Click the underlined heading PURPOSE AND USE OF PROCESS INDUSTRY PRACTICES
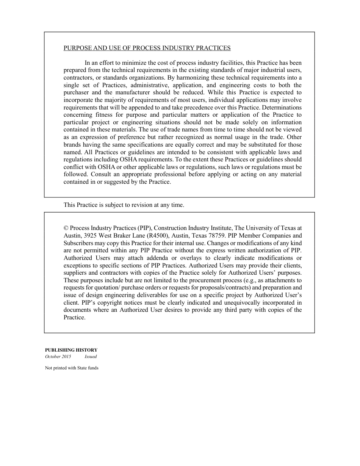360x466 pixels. (147, 48)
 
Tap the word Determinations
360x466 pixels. (281, 107)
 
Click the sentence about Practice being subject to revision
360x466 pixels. (124, 205)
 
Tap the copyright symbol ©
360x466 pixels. (66, 228)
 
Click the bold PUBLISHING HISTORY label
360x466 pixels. (71, 350)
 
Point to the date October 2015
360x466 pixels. (58, 357)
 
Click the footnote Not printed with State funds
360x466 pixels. (72, 368)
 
